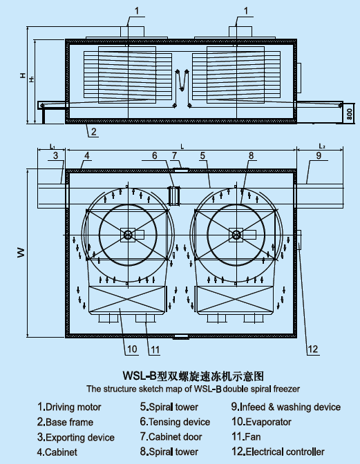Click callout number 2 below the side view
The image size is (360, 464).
[x=93, y=131]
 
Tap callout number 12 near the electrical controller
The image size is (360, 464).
[x=312, y=349]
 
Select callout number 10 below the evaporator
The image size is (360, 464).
[x=132, y=349]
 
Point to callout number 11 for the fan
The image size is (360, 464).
[x=155, y=350]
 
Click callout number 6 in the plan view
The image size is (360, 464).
[x=155, y=155]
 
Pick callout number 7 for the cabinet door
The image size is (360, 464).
[x=174, y=155]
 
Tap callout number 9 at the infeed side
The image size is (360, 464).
[x=319, y=155]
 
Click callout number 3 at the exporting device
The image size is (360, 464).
[x=56, y=155]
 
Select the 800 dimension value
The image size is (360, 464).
[x=350, y=114]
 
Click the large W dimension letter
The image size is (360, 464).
[x=21, y=253]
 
